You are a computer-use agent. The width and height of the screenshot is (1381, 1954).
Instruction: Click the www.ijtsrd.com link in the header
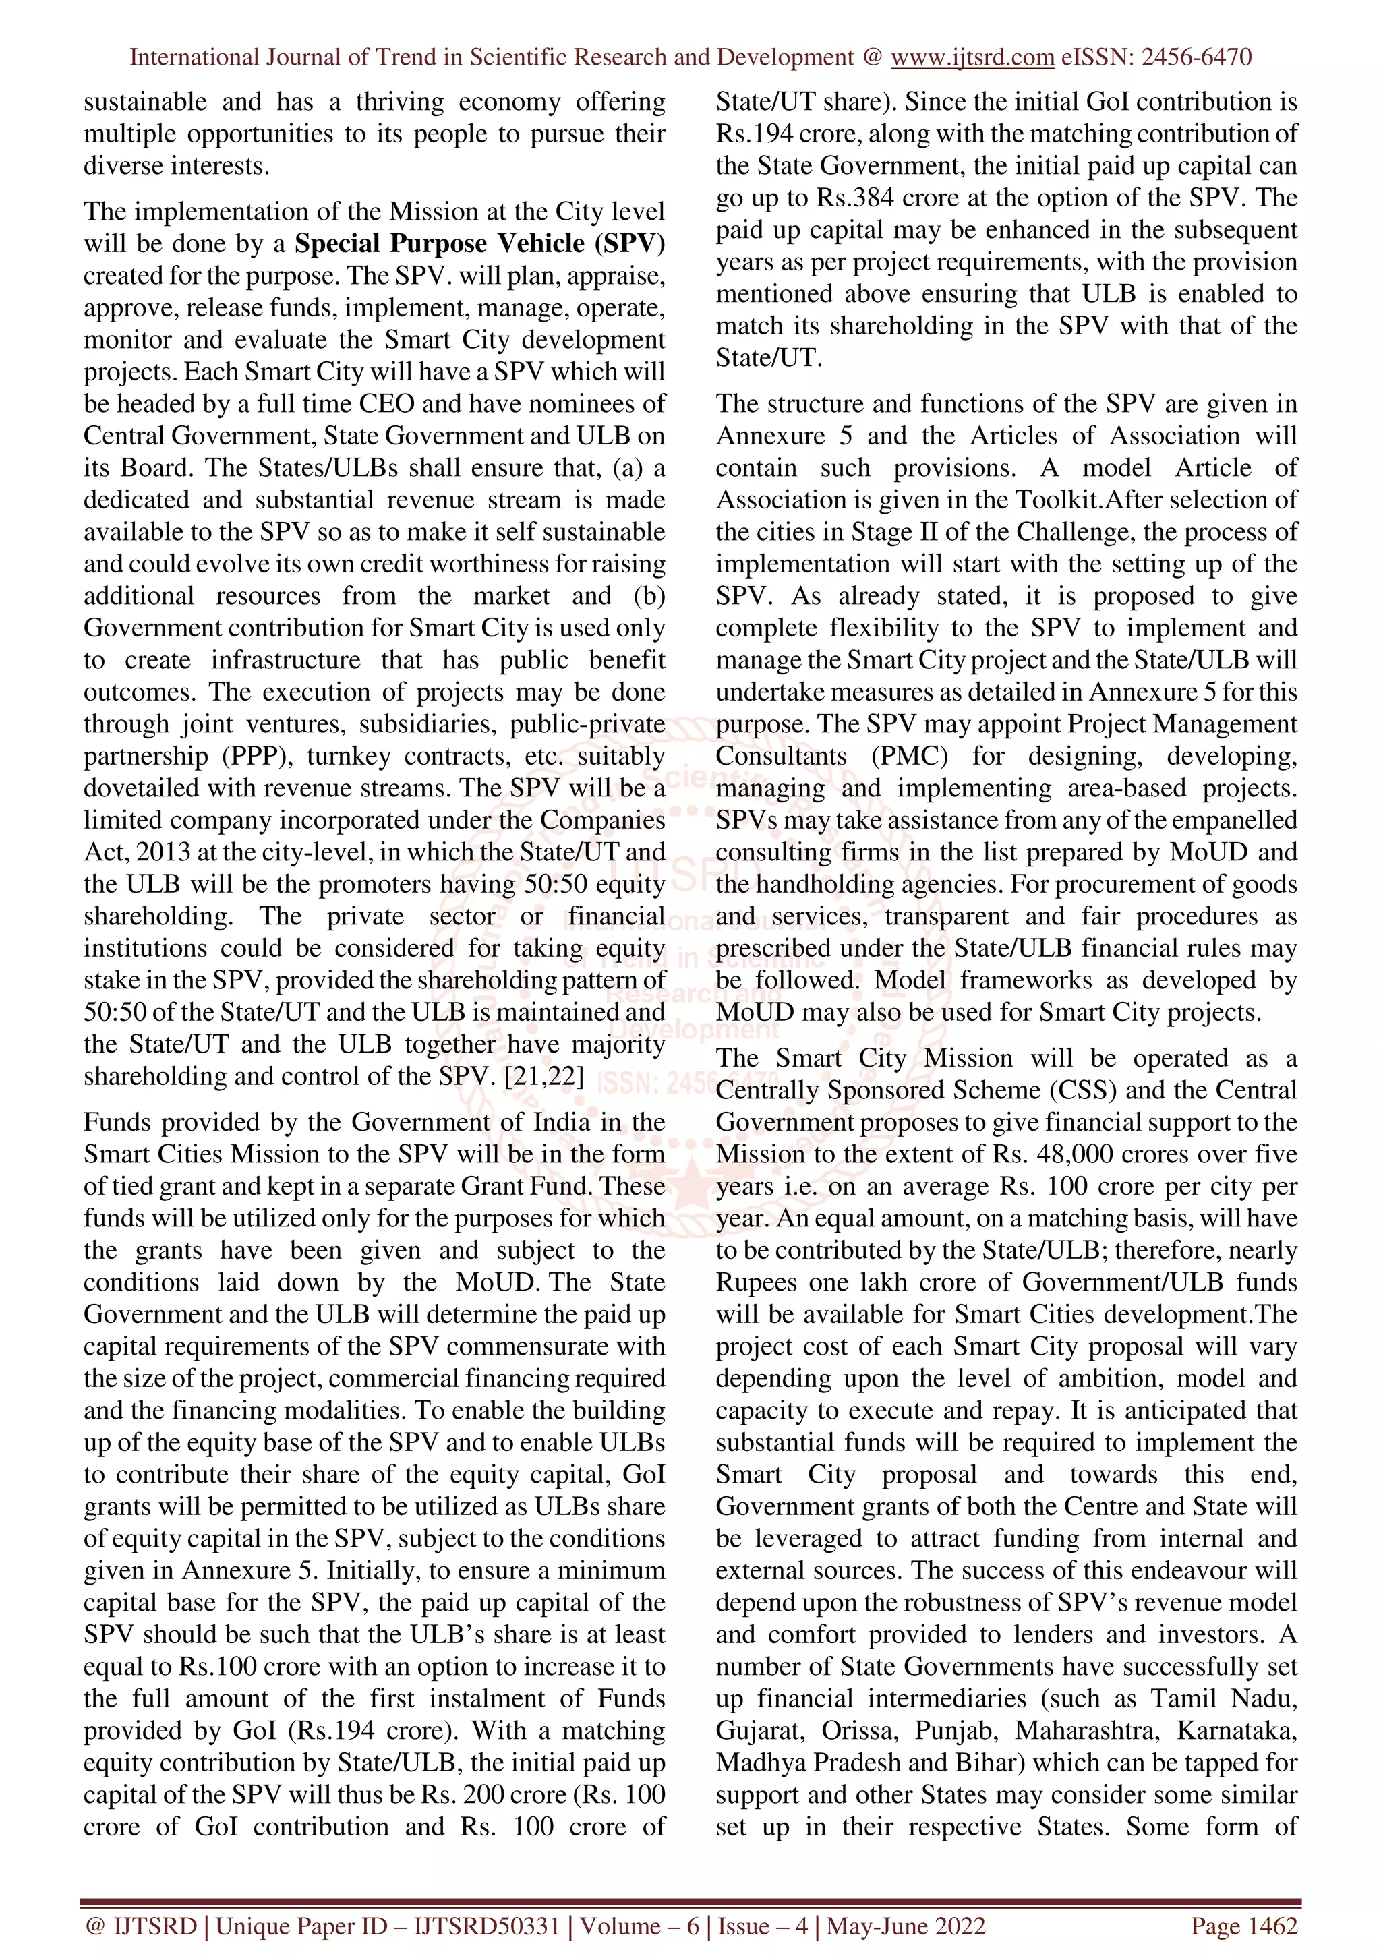click(x=972, y=57)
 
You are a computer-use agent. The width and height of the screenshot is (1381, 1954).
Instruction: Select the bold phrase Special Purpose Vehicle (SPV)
click(x=480, y=243)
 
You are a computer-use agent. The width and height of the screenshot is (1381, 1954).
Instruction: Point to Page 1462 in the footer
click(x=1244, y=1926)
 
